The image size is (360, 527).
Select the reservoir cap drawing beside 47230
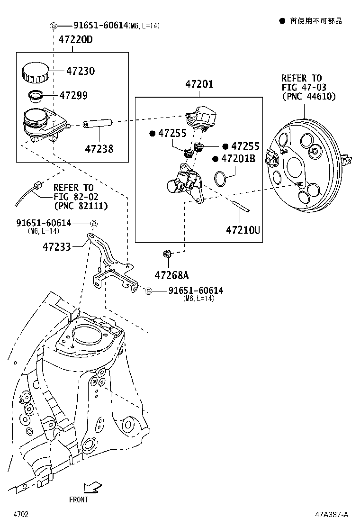(x=35, y=72)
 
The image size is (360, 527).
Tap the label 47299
(x=73, y=95)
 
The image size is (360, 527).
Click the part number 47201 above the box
(x=199, y=85)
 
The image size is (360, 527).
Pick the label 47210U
(x=243, y=230)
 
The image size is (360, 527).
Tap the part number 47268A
(x=171, y=275)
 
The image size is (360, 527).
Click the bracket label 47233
(x=57, y=246)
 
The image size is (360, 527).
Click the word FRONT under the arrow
(x=79, y=499)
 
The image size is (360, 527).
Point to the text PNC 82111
(x=81, y=206)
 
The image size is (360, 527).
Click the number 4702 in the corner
(x=21, y=514)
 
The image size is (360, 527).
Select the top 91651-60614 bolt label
(x=100, y=26)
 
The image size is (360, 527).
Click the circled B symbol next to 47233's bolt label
(x=94, y=223)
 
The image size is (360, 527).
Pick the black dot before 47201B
(x=216, y=159)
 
